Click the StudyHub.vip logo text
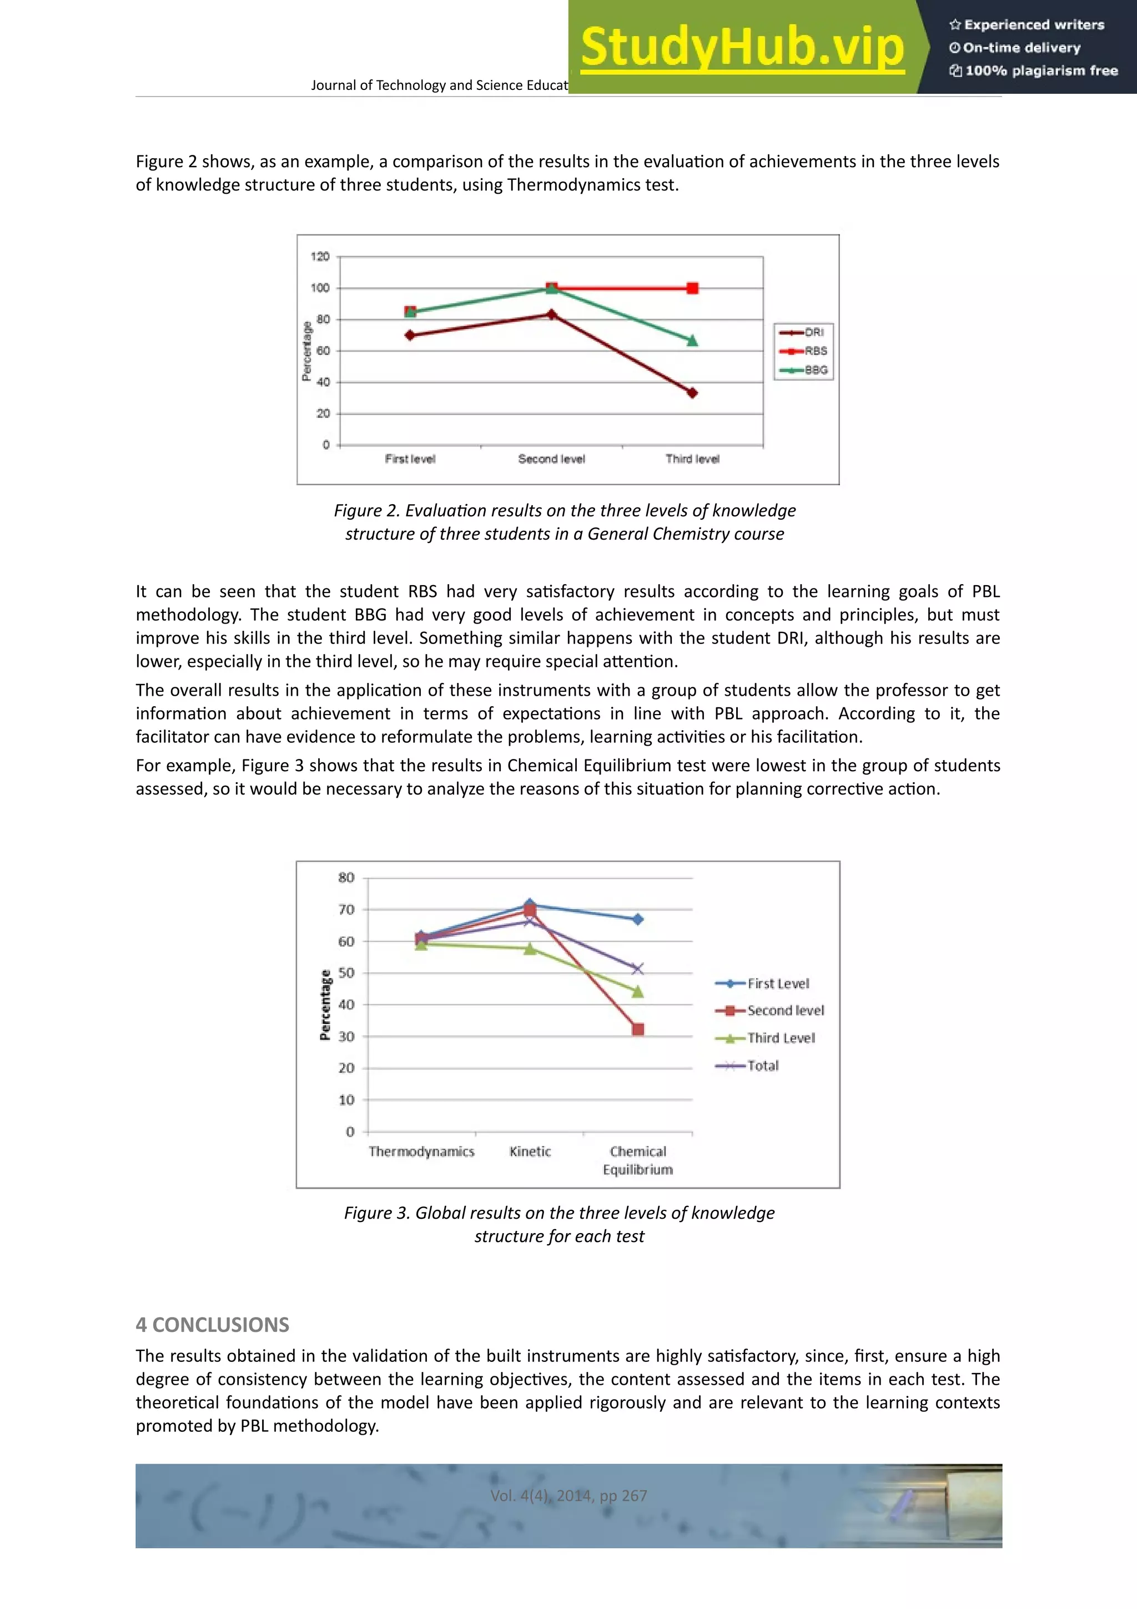point(742,48)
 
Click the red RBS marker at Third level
point(692,288)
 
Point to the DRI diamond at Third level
point(692,393)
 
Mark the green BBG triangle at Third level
point(692,340)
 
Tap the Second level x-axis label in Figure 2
point(551,459)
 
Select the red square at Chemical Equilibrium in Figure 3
point(637,1029)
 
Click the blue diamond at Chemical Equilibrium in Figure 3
point(637,919)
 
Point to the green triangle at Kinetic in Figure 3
point(530,949)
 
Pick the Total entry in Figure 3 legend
point(762,1066)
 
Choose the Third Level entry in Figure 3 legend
point(781,1038)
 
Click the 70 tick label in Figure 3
point(346,909)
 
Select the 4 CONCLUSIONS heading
point(212,1325)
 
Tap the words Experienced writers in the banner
point(1033,24)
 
